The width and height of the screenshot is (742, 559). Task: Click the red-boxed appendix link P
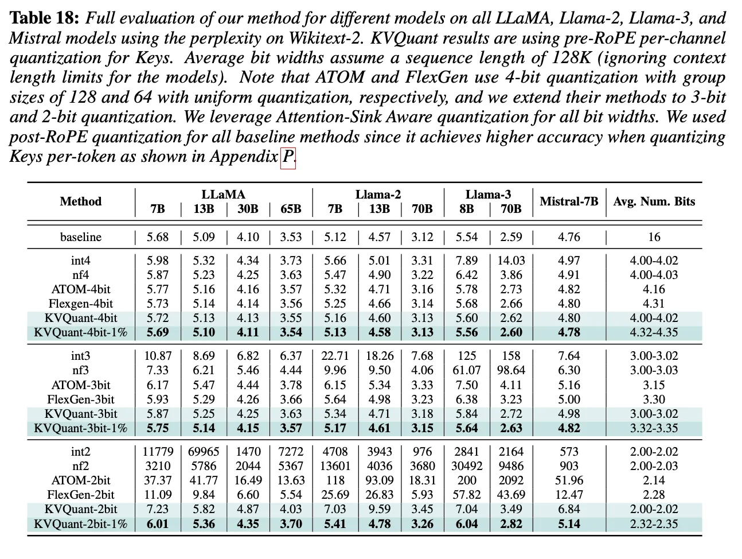pos(288,156)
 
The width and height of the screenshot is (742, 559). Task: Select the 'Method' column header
pos(80,201)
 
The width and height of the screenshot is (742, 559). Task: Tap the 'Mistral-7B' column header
pos(569,201)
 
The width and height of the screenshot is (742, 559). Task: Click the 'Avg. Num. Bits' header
pos(654,201)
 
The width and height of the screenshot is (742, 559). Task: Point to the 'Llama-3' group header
pos(487,195)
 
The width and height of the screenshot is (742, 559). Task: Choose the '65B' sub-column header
pos(290,209)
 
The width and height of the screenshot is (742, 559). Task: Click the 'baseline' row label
pos(80,237)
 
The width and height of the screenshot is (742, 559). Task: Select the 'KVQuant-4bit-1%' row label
pos(80,332)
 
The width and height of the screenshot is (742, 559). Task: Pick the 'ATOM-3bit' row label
pos(80,385)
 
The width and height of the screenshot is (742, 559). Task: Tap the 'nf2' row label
pos(80,466)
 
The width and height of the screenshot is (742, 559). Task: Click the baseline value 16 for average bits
pos(654,237)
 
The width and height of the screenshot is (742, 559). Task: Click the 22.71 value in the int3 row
pos(335,356)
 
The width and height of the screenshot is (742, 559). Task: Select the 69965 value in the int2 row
pos(204,452)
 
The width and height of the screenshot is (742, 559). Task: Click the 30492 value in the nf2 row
pos(467,466)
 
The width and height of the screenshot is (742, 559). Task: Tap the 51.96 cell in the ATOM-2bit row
pos(569,480)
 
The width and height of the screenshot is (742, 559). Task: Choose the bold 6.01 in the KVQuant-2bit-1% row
pos(157,524)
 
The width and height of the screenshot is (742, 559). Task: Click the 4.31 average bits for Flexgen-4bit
pos(654,304)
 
